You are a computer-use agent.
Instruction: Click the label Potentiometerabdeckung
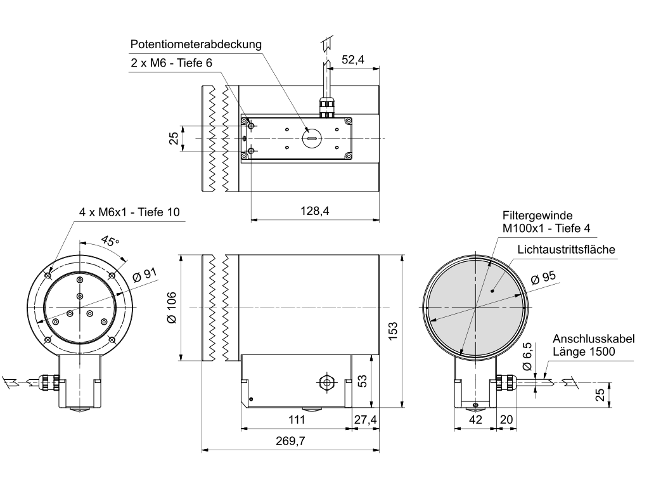[196, 44]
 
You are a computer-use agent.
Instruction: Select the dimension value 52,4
[352, 60]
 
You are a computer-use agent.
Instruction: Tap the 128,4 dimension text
[314, 211]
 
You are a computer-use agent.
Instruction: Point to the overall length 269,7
[290, 441]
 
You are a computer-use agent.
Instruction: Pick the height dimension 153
[392, 331]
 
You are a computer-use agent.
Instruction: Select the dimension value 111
[297, 420]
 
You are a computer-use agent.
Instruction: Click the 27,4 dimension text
[366, 420]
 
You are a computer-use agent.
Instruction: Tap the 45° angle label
[110, 240]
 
